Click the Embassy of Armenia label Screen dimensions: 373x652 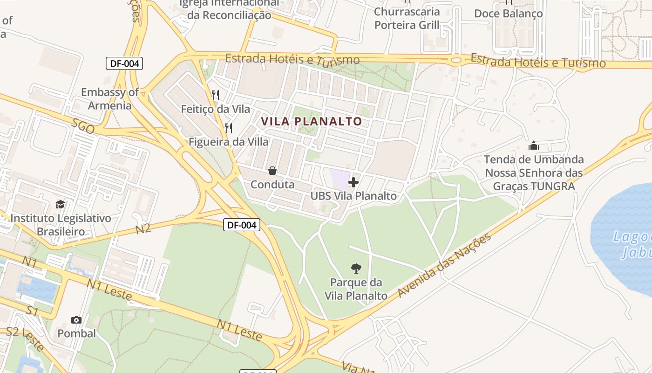tap(110, 99)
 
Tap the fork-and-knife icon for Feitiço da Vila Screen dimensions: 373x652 tap(215, 95)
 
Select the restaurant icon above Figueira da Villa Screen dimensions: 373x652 tap(228, 128)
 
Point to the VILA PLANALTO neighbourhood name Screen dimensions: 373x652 tap(311, 122)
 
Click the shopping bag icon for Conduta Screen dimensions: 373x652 tap(272, 171)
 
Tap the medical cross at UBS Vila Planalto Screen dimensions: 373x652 tap(353, 182)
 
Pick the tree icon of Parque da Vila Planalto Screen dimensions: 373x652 tap(356, 268)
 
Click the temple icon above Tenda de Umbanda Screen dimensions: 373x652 tap(534, 145)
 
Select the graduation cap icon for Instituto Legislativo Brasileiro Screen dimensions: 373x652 tap(60, 204)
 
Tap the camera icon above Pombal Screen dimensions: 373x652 tap(76, 320)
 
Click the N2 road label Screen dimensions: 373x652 tap(143, 228)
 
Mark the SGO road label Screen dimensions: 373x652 tap(83, 126)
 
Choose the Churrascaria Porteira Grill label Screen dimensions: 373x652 tap(407, 18)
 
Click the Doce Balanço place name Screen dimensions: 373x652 tap(508, 14)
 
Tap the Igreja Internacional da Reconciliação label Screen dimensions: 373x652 tap(229, 9)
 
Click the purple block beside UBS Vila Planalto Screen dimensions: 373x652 tap(340, 179)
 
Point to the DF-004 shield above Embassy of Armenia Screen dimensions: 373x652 tap(124, 63)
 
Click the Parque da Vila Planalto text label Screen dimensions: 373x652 tap(356, 289)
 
